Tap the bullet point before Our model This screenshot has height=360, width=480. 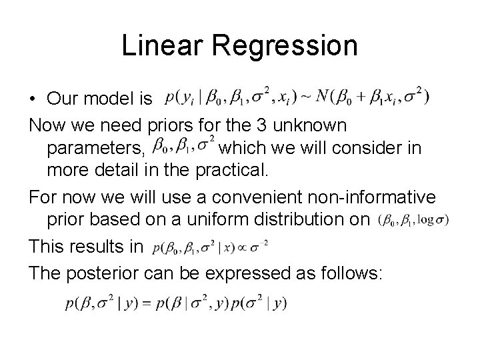pos(33,99)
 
